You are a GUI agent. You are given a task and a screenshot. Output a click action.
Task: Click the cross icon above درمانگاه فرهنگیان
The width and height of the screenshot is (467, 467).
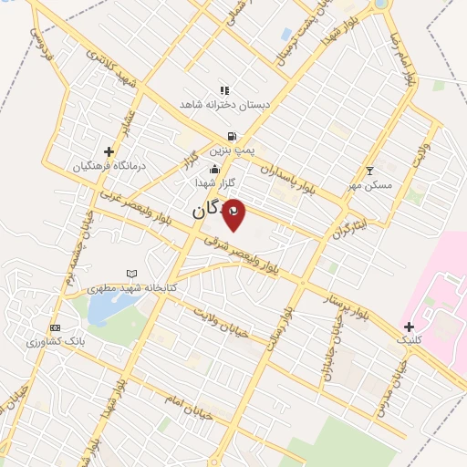109,151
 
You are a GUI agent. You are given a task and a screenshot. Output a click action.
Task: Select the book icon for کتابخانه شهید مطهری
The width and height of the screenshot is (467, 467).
132,274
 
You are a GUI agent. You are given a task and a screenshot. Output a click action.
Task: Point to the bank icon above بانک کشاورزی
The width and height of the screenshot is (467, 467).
56,327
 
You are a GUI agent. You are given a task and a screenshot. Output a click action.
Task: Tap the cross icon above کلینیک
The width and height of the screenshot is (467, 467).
409,326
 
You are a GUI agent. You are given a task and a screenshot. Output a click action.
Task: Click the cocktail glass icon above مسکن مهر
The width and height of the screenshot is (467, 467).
369,171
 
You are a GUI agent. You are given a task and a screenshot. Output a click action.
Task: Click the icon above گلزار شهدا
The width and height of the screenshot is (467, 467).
214,170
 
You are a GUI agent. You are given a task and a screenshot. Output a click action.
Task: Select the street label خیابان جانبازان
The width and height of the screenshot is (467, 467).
329,351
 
